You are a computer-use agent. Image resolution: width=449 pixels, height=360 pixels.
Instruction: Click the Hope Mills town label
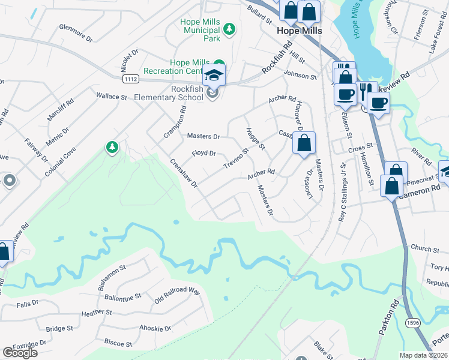300,31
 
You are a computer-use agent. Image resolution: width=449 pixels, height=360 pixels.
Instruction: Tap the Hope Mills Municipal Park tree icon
228,29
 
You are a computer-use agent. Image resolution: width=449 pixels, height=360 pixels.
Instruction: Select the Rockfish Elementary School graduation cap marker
213,76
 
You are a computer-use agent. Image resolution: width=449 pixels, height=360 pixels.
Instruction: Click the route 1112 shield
130,79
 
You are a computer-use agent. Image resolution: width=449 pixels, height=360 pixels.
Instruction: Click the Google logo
20,353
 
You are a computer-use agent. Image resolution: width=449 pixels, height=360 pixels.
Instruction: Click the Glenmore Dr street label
76,32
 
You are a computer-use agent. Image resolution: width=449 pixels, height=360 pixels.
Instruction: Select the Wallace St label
112,96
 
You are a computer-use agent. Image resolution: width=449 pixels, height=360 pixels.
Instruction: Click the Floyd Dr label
203,154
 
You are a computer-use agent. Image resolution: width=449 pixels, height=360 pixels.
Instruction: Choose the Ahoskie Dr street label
155,329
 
